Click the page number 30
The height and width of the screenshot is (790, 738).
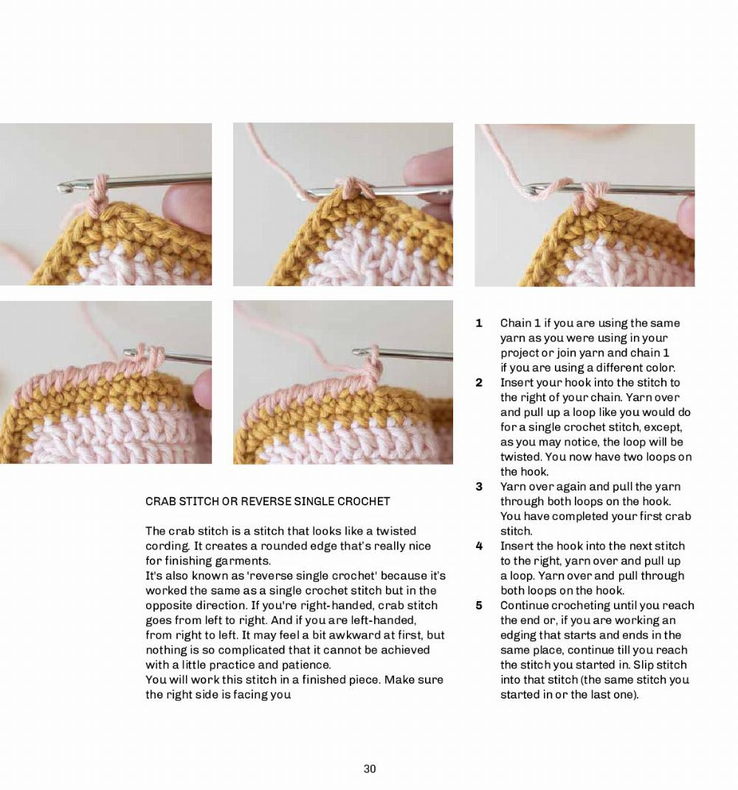pos(370,769)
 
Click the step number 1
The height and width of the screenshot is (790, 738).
pos(479,323)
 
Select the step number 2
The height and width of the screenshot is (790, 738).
pos(479,382)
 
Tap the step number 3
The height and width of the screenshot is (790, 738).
pos(479,486)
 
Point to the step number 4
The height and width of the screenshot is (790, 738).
pos(479,546)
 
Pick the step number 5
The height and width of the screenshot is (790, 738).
pos(479,606)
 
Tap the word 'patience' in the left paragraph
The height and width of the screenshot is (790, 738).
pos(304,665)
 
